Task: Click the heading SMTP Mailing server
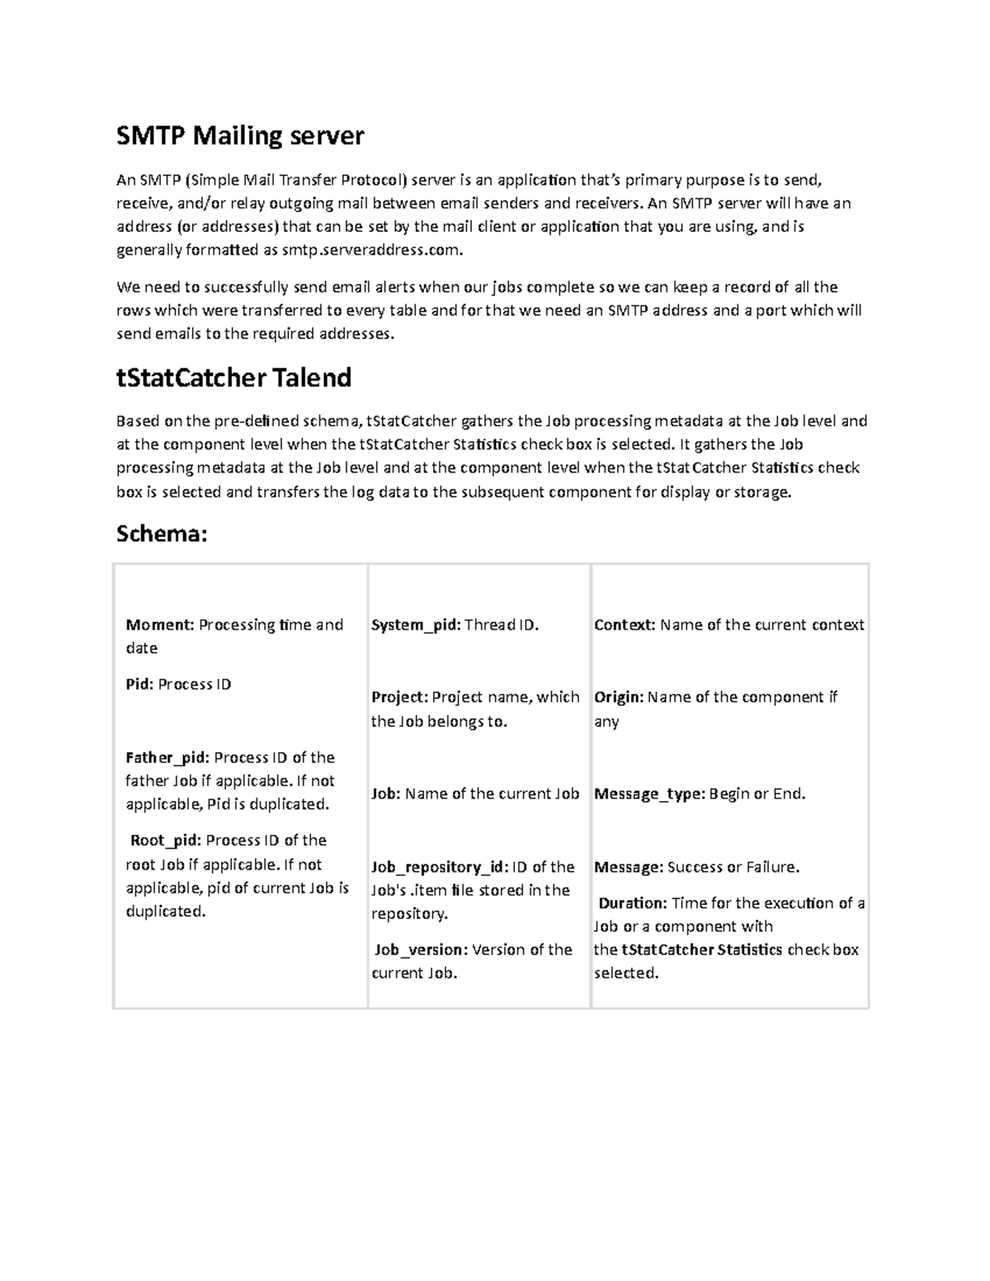tap(239, 135)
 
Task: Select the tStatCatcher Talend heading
tap(233, 378)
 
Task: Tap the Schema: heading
tap(161, 534)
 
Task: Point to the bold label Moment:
tap(159, 624)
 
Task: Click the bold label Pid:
tap(139, 684)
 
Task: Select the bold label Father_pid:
tap(167, 757)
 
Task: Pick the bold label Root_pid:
tap(165, 841)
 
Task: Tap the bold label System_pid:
tap(415, 624)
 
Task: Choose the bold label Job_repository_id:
tap(439, 867)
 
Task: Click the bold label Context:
tap(625, 624)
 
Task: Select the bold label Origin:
tap(619, 697)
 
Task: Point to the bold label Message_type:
tap(649, 794)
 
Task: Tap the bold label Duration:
tap(632, 903)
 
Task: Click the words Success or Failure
tap(733, 867)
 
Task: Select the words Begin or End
tap(757, 794)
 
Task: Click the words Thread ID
tap(502, 624)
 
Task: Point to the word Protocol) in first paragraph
tap(375, 180)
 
